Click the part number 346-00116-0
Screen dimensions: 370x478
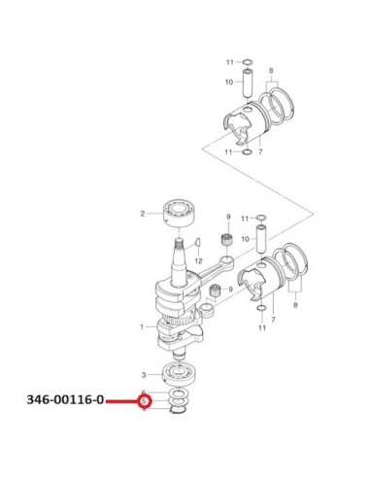pyautogui.click(x=65, y=400)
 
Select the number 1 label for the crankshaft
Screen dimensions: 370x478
pyautogui.click(x=142, y=327)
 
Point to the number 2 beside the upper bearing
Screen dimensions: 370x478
pyautogui.click(x=143, y=214)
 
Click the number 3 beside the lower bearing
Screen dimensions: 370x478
pyautogui.click(x=144, y=375)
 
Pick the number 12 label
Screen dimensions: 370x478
pyautogui.click(x=198, y=260)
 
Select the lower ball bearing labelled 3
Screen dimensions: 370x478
pyautogui.click(x=179, y=375)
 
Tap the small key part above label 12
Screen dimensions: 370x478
pyautogui.click(x=198, y=242)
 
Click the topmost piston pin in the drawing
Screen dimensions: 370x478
pyautogui.click(x=249, y=83)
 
